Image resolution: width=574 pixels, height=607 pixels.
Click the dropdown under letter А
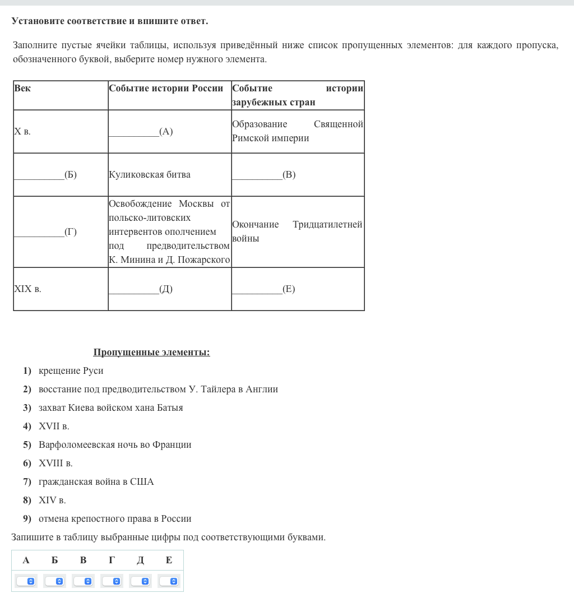pyautogui.click(x=26, y=581)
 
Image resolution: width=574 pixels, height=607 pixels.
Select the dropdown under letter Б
pyautogui.click(x=54, y=581)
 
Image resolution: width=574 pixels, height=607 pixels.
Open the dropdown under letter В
pyautogui.click(x=83, y=581)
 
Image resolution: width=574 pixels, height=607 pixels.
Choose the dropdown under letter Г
pyautogui.click(x=112, y=581)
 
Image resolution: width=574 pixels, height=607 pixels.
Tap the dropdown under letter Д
pyautogui.click(x=140, y=581)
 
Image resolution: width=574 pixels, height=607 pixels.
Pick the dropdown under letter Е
pyautogui.click(x=169, y=581)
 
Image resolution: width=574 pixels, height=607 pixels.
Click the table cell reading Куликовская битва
pyautogui.click(x=150, y=175)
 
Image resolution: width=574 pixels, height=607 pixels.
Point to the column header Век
pyautogui.click(x=22, y=89)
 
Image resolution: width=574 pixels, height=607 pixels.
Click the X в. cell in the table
pyautogui.click(x=22, y=132)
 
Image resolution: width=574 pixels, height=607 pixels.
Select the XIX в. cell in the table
pyautogui.click(x=27, y=289)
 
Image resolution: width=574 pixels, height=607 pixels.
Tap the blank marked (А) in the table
pyautogui.click(x=141, y=132)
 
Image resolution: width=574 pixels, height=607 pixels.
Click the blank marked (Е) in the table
pyautogui.click(x=263, y=289)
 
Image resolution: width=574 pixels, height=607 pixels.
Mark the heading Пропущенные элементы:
pyautogui.click(x=151, y=353)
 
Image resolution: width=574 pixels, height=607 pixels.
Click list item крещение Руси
pyautogui.click(x=71, y=371)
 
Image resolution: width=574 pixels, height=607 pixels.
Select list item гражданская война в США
pyautogui.click(x=96, y=482)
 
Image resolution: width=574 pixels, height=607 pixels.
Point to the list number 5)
pyautogui.click(x=27, y=445)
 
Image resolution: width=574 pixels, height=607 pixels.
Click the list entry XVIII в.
pyautogui.click(x=55, y=464)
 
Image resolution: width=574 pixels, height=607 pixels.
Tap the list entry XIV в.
pyautogui.click(x=52, y=501)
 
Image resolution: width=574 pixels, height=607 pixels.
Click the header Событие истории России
pyautogui.click(x=166, y=89)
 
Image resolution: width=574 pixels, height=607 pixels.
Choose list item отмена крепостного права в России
pyautogui.click(x=115, y=519)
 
